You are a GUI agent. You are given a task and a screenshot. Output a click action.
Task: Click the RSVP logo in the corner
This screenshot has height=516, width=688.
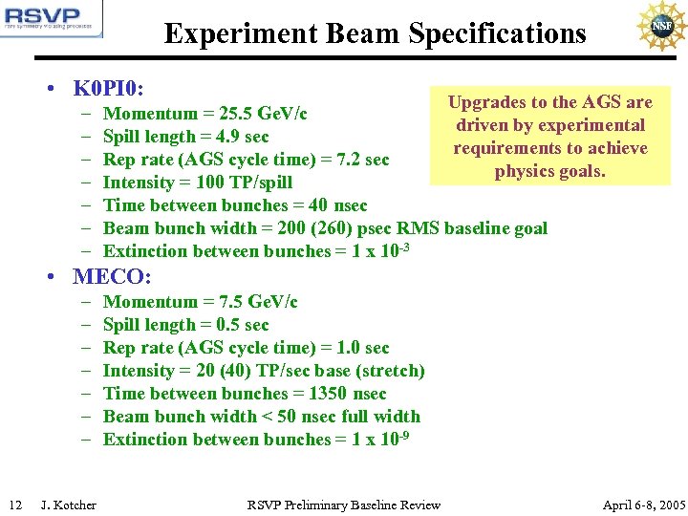(x=52, y=20)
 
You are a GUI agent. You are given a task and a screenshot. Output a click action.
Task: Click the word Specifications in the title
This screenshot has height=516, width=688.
(x=497, y=34)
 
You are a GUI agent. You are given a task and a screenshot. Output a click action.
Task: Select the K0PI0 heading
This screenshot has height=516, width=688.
(x=108, y=89)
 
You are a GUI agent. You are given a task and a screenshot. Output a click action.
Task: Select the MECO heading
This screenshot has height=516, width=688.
(x=111, y=277)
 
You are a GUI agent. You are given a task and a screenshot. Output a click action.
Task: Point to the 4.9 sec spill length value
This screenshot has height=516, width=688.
(x=246, y=137)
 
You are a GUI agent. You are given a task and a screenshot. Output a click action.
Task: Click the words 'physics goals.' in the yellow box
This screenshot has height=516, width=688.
(x=549, y=172)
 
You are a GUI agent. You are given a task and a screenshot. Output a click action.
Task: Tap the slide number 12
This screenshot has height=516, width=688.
(x=15, y=505)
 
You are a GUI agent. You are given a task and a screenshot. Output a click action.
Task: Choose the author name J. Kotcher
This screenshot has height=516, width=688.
(x=69, y=505)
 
